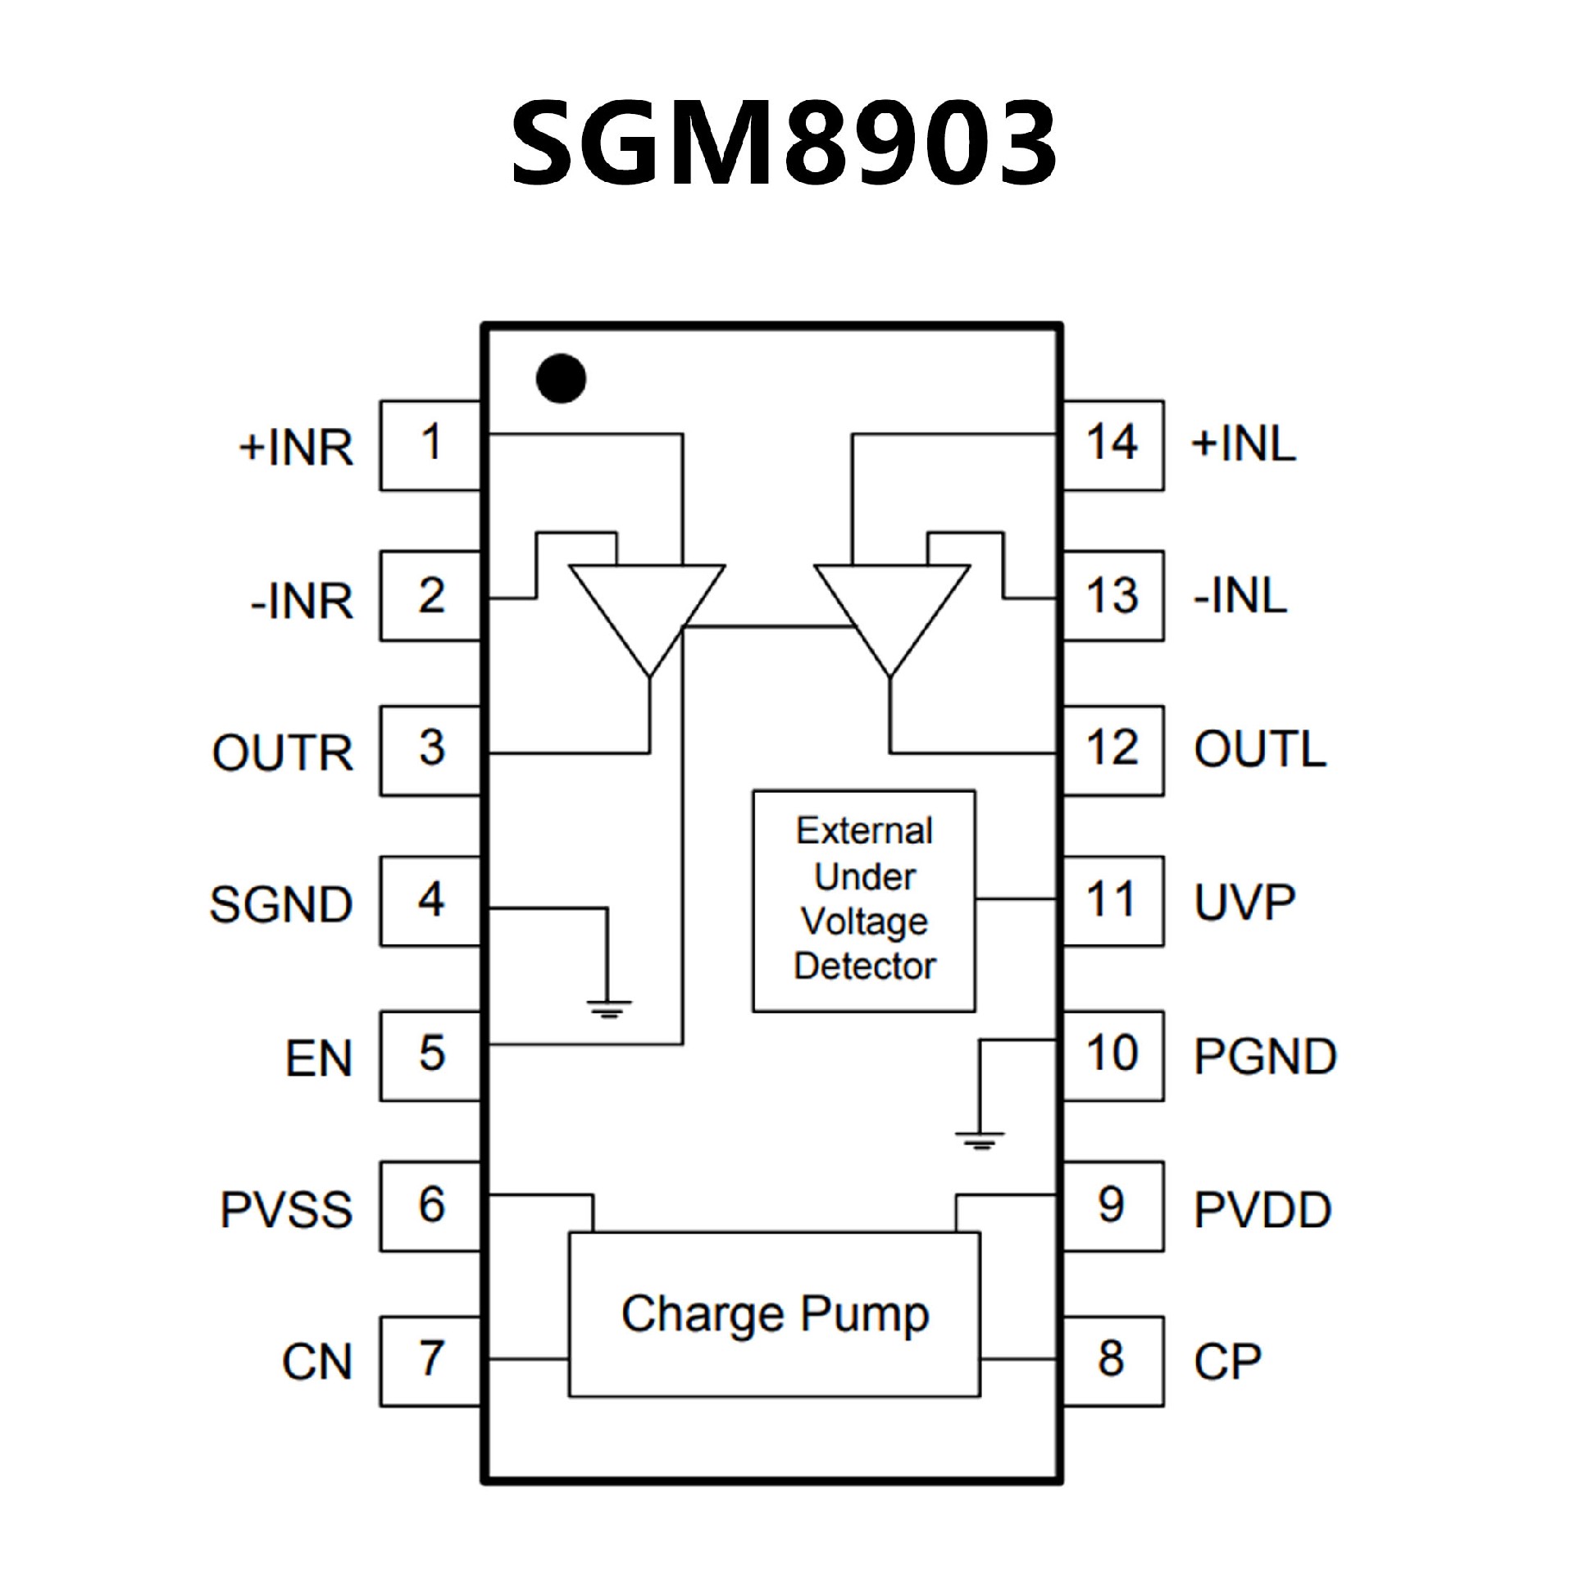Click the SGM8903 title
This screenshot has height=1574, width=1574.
pos(783,143)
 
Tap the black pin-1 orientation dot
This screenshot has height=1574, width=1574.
pos(561,379)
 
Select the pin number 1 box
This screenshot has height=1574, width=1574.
pos(430,445)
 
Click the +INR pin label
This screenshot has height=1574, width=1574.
pos(296,448)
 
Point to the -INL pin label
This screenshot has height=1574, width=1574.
pos(1240,596)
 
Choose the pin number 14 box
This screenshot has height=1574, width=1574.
pos(1112,445)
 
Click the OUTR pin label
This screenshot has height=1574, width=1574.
pos(283,752)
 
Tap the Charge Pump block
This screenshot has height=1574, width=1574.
pos(775,1314)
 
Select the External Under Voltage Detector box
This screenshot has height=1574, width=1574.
pos(864,900)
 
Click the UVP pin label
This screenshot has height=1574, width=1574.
pos(1244,903)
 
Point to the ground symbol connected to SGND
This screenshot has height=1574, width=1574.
pos(608,1008)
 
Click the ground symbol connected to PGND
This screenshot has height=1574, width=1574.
pos(980,1139)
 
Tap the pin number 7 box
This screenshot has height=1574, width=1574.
pos(430,1360)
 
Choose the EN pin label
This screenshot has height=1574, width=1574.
pos(319,1058)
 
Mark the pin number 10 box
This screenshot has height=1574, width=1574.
pos(1112,1055)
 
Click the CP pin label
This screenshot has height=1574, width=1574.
pos(1227,1362)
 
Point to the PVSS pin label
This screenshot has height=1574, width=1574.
pos(286,1210)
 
